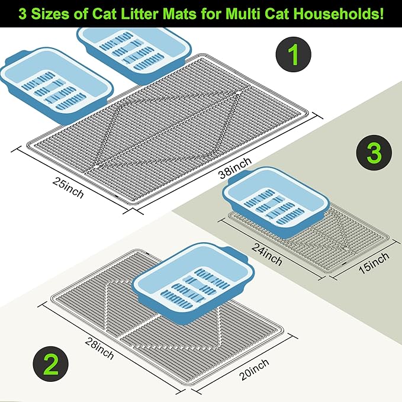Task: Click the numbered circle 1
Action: [293, 54]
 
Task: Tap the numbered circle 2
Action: [51, 364]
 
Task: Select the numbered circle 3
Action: [374, 153]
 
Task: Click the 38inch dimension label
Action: [235, 168]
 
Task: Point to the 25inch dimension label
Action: [68, 188]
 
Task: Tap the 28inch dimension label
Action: [99, 349]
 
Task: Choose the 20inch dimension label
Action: [254, 369]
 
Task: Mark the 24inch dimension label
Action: [266, 255]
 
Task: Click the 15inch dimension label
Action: [374, 263]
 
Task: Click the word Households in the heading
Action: [339, 14]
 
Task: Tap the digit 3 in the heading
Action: [22, 14]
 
